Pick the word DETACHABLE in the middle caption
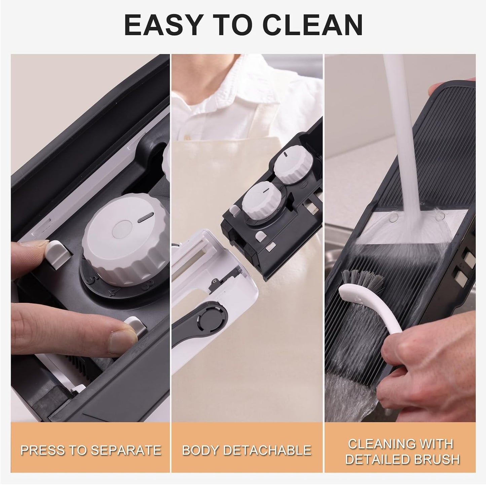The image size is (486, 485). [x=268, y=450]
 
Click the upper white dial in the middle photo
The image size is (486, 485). [x=292, y=165]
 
